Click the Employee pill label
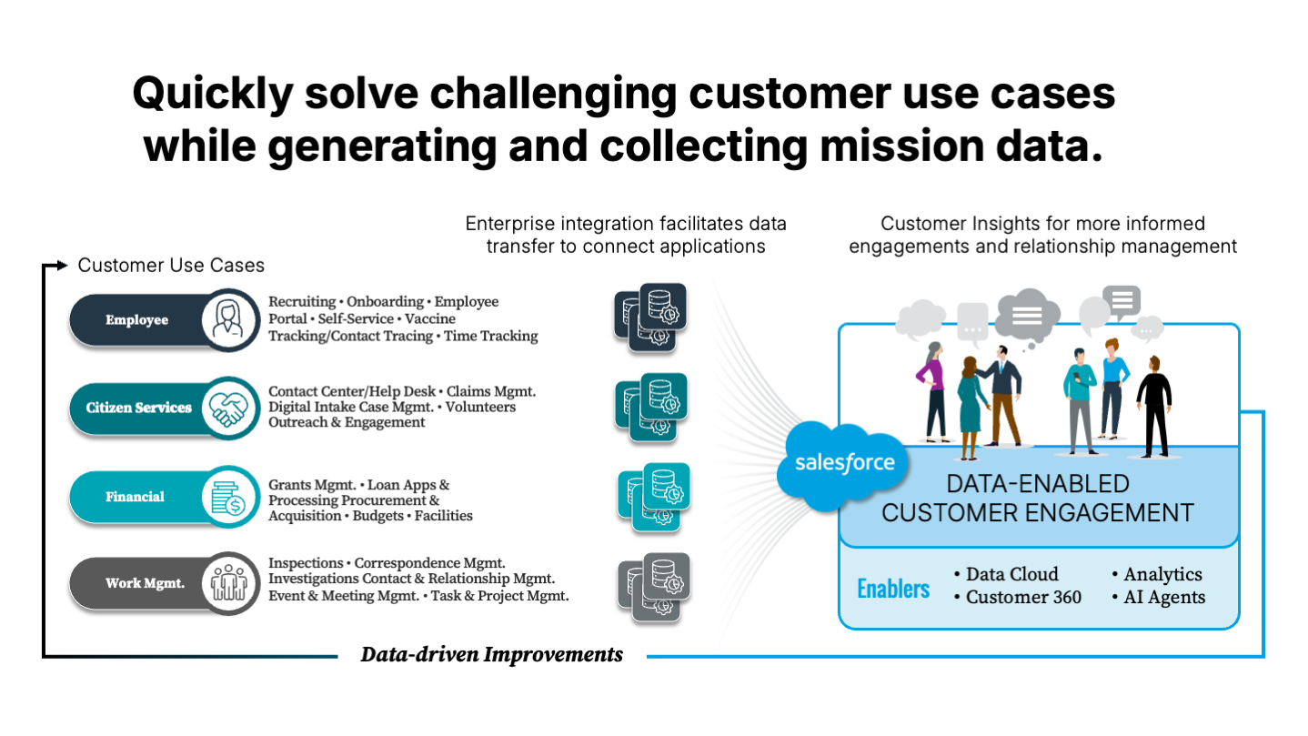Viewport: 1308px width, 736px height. coord(136,320)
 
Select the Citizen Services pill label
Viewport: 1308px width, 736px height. coord(139,408)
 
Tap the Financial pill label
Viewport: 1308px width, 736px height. coord(135,497)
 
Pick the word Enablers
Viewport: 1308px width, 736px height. coord(892,589)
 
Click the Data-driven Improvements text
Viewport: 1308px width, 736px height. coord(491,654)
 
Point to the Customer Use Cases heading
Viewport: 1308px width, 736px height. coord(171,266)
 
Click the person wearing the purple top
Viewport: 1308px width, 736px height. coord(933,392)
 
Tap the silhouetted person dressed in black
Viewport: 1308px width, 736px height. coord(1154,404)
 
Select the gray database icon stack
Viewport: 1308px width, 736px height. coord(653,586)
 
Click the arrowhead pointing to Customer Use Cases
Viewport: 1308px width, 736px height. coord(61,266)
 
